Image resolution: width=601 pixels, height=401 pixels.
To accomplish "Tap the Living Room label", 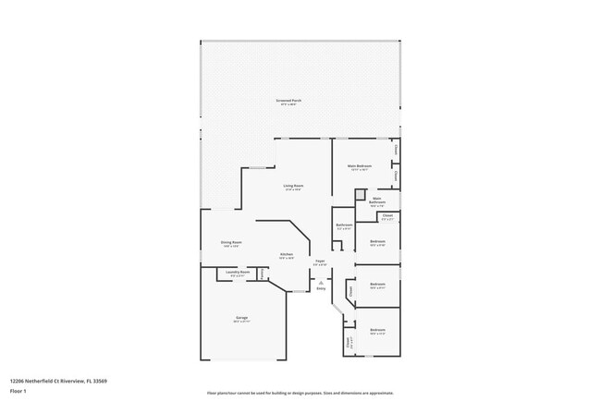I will tap(293, 186).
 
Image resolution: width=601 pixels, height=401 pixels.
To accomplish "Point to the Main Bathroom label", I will tap(377, 200).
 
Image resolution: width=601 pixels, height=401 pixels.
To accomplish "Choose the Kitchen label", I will tap(287, 255).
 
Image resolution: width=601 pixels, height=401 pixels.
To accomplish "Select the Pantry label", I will tap(263, 273).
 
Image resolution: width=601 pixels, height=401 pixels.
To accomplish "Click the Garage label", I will tap(240, 317).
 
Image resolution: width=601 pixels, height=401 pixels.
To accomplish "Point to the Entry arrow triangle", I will tap(321, 283).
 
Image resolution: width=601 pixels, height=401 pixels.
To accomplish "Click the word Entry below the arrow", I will tap(321, 289).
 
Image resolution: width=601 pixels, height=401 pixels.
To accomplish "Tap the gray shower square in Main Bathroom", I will tap(360, 196).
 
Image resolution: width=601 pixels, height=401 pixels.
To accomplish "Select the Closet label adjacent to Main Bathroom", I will tap(387, 216).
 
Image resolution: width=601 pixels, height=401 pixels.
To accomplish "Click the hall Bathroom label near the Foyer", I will tap(344, 225).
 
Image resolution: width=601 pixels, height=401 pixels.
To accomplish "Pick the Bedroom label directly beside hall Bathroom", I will tap(377, 242).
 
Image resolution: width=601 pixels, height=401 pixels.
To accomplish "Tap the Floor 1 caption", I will tap(18, 391).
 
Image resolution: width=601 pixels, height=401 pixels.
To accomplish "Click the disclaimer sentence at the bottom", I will tap(300, 393).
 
